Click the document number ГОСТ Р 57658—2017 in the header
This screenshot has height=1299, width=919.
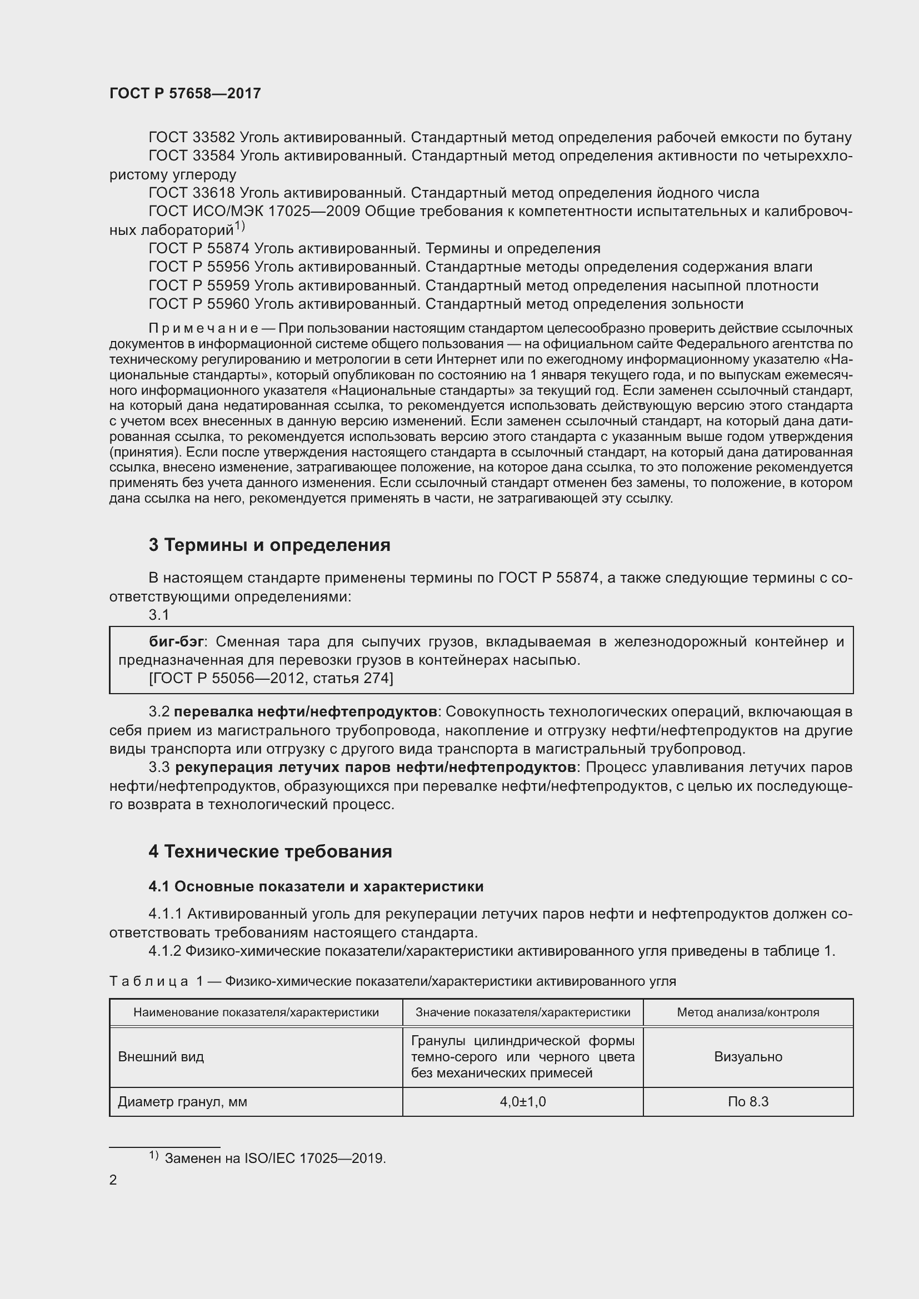point(185,93)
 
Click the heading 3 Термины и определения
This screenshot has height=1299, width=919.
point(269,545)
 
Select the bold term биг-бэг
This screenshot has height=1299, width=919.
point(176,641)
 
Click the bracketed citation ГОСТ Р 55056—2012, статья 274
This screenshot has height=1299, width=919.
point(271,678)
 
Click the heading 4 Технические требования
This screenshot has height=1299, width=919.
point(270,851)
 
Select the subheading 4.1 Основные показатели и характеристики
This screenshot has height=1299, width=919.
point(316,886)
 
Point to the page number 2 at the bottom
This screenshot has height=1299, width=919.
point(113,1180)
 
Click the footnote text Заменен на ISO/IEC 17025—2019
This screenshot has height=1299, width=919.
point(275,1158)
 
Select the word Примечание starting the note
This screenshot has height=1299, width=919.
point(204,329)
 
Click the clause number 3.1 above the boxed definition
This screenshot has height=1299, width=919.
point(159,615)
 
